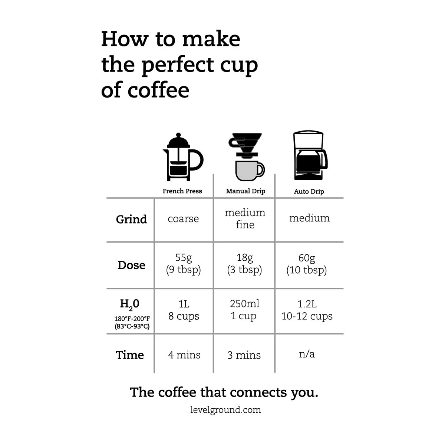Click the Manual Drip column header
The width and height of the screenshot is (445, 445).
pyautogui.click(x=245, y=191)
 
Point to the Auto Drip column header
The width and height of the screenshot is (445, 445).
pyautogui.click(x=309, y=191)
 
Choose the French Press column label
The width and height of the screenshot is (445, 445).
pyautogui.click(x=182, y=191)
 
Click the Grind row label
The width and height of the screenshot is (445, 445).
pyautogui.click(x=131, y=219)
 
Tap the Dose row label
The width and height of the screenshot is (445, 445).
pyautogui.click(x=131, y=265)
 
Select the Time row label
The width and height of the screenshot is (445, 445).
pyautogui.click(x=129, y=355)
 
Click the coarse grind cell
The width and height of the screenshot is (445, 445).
pyautogui.click(x=183, y=219)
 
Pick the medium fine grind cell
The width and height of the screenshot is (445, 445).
pyautogui.click(x=245, y=218)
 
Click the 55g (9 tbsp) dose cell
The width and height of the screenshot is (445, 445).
pyautogui.click(x=183, y=264)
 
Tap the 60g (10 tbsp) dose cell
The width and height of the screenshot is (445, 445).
pyautogui.click(x=306, y=264)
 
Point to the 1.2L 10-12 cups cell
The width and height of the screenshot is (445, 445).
pyautogui.click(x=307, y=310)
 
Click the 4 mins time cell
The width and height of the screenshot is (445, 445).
pyautogui.click(x=184, y=355)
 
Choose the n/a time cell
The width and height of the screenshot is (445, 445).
pyautogui.click(x=307, y=354)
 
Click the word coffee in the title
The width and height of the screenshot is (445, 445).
pyautogui.click(x=158, y=90)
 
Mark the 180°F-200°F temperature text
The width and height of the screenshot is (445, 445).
pyautogui.click(x=132, y=319)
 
